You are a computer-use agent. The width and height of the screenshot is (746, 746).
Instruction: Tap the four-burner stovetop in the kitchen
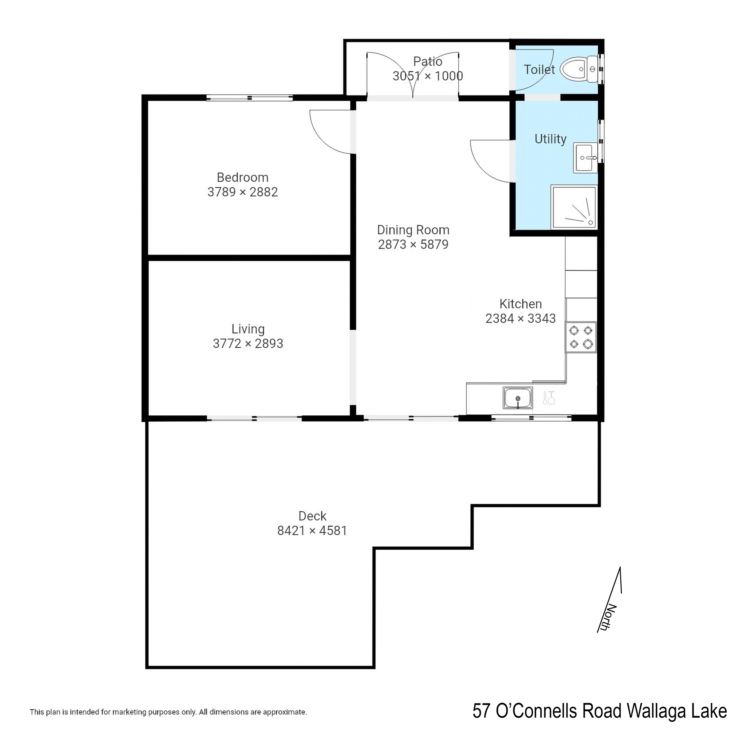point(581,337)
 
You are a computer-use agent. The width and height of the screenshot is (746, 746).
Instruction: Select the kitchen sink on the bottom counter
point(518,398)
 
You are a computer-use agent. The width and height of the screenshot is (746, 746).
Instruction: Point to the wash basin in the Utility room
point(585,158)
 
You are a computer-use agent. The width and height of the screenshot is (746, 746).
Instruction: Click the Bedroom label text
point(243,178)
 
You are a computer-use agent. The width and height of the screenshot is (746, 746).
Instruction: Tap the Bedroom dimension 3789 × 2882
point(243,192)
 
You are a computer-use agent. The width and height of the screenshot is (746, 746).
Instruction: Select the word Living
point(248,329)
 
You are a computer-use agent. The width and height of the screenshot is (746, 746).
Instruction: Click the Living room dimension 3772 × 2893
point(248,343)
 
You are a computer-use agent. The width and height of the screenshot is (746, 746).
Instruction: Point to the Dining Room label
point(413,230)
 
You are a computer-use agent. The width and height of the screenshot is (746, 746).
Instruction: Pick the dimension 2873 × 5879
point(413,244)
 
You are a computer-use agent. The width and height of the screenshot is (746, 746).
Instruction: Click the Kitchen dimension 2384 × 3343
point(520,319)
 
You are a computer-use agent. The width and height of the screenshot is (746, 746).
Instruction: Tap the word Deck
point(312,516)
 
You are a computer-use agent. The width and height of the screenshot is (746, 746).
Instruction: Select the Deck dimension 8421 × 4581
point(312,531)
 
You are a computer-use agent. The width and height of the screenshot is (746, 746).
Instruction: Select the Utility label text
point(550,139)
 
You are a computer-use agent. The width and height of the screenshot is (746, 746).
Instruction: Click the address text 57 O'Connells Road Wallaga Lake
point(600,711)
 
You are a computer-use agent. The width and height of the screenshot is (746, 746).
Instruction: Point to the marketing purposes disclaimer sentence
point(168,712)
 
